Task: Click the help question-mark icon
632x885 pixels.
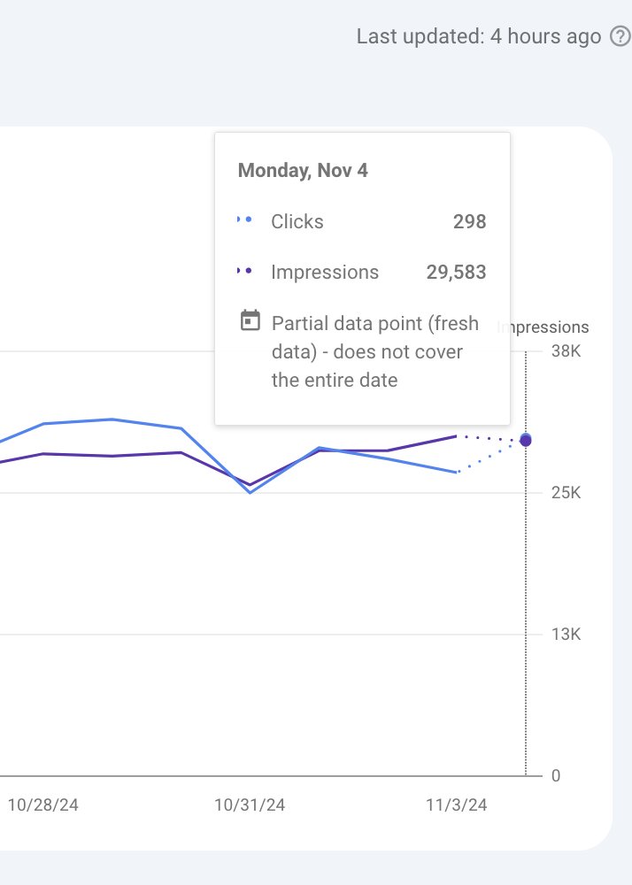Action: click(620, 36)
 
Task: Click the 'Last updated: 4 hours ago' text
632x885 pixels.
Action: click(479, 36)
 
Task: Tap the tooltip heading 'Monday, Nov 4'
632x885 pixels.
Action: click(303, 171)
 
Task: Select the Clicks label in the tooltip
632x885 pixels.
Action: click(297, 222)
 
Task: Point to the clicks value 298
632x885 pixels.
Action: click(469, 222)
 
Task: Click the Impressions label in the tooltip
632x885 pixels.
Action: click(325, 273)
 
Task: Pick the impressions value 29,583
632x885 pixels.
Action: click(456, 273)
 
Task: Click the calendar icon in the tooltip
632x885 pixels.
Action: click(250, 320)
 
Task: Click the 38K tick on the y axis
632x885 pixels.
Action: click(565, 351)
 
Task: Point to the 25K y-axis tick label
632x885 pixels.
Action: click(565, 493)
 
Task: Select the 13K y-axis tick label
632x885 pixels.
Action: click(565, 635)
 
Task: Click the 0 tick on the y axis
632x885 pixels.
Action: click(556, 776)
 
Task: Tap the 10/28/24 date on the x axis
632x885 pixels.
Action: click(42, 805)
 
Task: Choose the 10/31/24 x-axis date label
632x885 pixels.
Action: click(250, 805)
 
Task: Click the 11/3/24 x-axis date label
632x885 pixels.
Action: click(457, 805)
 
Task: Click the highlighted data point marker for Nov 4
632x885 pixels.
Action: click(526, 440)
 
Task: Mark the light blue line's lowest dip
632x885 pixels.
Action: click(250, 492)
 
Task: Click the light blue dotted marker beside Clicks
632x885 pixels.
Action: click(245, 220)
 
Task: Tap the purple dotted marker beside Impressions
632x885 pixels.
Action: click(245, 271)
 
